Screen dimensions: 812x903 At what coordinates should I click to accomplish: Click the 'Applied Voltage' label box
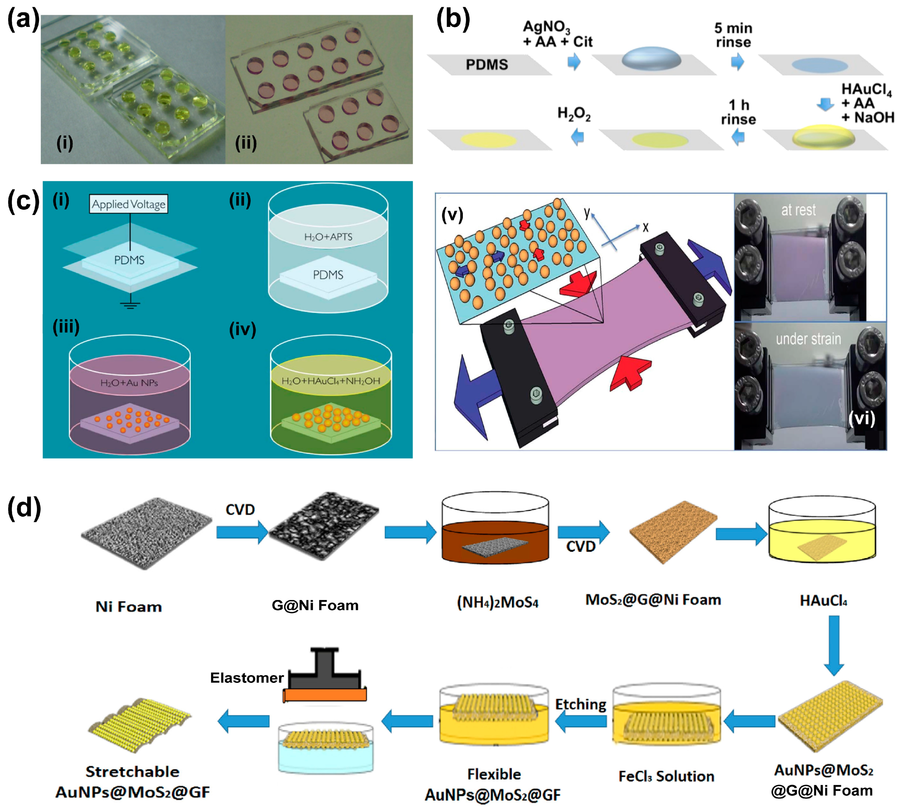128,204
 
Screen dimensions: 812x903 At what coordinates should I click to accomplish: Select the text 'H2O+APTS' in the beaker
328,237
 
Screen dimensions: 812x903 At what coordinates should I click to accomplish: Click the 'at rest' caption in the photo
798,210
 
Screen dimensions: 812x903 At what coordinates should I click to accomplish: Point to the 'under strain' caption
808,339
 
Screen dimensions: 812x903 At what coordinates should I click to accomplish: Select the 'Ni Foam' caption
128,607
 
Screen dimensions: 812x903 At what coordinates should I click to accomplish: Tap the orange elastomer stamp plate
325,695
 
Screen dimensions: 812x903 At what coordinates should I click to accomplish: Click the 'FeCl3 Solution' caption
666,776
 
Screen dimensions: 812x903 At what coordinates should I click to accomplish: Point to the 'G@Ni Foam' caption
315,605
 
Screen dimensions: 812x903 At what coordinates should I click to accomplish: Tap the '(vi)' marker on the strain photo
862,418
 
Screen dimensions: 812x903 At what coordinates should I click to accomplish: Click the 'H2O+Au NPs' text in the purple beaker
129,383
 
